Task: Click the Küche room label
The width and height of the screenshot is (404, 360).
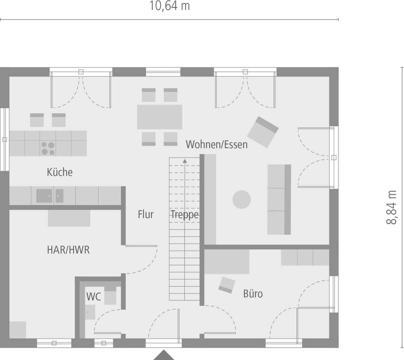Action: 60,172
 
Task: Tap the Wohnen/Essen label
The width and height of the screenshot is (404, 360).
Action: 217,144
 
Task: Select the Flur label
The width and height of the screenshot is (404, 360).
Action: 146,214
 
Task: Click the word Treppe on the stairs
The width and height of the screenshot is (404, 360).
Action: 185,215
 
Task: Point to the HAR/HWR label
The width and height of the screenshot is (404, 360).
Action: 68,250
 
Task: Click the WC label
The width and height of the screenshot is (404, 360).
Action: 93,297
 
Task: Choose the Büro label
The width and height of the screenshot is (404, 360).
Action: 253,294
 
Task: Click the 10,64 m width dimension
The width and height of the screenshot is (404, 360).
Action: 169,6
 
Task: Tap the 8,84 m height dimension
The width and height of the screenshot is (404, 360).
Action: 391,207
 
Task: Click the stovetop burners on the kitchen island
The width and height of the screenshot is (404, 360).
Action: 48,148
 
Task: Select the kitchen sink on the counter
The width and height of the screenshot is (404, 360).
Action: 44,196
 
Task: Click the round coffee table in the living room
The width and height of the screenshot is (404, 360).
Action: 242,200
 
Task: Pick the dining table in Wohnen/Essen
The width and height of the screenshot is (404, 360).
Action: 159,117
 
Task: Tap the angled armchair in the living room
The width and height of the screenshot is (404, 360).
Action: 263,132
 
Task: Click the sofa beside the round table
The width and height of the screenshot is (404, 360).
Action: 279,200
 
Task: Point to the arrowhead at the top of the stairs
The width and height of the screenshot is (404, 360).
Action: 185,161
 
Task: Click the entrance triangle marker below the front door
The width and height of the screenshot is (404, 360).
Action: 163,355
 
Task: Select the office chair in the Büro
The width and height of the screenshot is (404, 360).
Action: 227,285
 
